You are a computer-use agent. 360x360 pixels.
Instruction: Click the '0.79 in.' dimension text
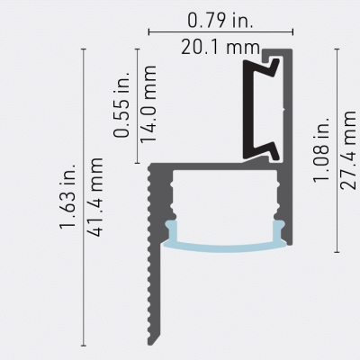click(x=220, y=18)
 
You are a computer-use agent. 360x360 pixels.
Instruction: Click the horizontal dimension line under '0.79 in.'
click(x=220, y=32)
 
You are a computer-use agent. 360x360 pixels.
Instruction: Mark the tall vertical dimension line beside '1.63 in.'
click(x=83, y=198)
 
